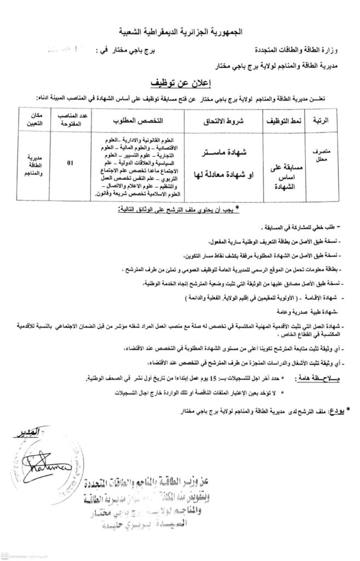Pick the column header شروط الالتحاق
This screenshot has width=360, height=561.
tap(225, 119)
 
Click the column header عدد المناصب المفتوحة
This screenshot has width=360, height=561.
tap(68, 119)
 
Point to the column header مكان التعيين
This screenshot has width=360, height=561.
tap(32, 119)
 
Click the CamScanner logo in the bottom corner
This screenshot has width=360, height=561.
tap(6, 556)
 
